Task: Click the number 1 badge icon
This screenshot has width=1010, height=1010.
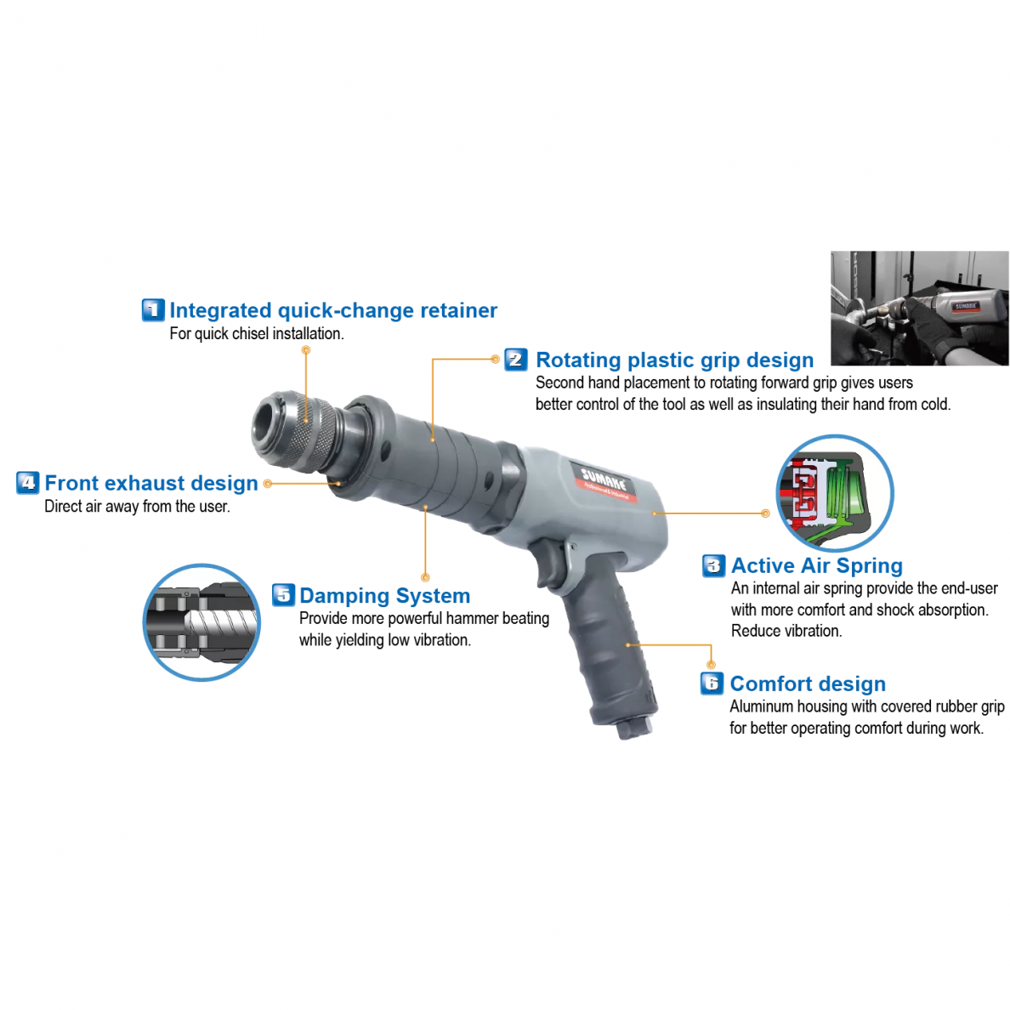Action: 153,309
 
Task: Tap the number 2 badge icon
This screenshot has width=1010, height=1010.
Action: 516,360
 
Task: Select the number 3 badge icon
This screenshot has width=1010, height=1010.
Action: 713,565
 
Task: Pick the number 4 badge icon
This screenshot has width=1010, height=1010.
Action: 28,482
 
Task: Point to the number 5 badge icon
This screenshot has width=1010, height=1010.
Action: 283,595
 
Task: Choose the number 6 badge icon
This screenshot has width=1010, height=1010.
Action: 712,684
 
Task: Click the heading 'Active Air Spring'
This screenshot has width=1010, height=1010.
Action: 817,565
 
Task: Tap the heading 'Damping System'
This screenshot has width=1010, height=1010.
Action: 384,596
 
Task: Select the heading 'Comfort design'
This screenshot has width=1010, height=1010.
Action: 808,684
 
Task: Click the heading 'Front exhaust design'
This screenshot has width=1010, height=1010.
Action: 151,483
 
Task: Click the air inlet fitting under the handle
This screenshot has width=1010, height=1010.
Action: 629,729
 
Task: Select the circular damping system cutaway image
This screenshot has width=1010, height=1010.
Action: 201,622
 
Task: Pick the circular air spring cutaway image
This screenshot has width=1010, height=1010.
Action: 835,493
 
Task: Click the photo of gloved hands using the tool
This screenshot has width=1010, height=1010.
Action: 920,308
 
